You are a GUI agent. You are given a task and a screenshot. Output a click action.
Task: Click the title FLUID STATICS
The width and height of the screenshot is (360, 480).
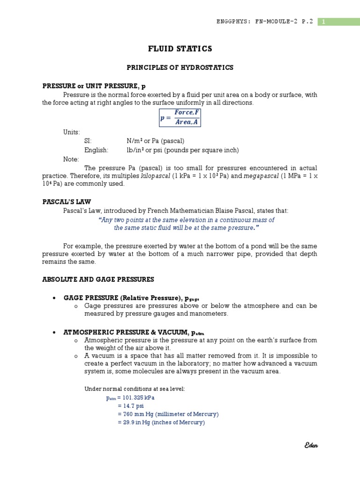(180, 49)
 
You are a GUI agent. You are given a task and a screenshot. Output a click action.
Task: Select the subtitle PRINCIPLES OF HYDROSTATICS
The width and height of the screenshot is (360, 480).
(180, 68)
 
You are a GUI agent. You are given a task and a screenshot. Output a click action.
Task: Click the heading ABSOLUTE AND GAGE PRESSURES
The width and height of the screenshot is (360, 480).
(98, 279)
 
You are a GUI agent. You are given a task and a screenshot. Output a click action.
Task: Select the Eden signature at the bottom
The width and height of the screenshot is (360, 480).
(310, 445)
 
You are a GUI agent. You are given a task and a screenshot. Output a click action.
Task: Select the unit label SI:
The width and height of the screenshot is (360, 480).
(88, 141)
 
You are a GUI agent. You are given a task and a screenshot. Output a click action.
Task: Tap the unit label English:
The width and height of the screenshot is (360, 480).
(96, 150)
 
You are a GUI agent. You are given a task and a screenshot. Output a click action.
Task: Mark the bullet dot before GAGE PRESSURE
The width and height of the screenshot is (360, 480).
(55, 298)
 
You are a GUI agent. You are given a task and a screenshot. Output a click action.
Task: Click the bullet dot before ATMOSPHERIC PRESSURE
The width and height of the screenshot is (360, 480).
(55, 332)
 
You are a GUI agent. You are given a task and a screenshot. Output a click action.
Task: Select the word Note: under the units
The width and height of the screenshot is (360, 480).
(71, 159)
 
